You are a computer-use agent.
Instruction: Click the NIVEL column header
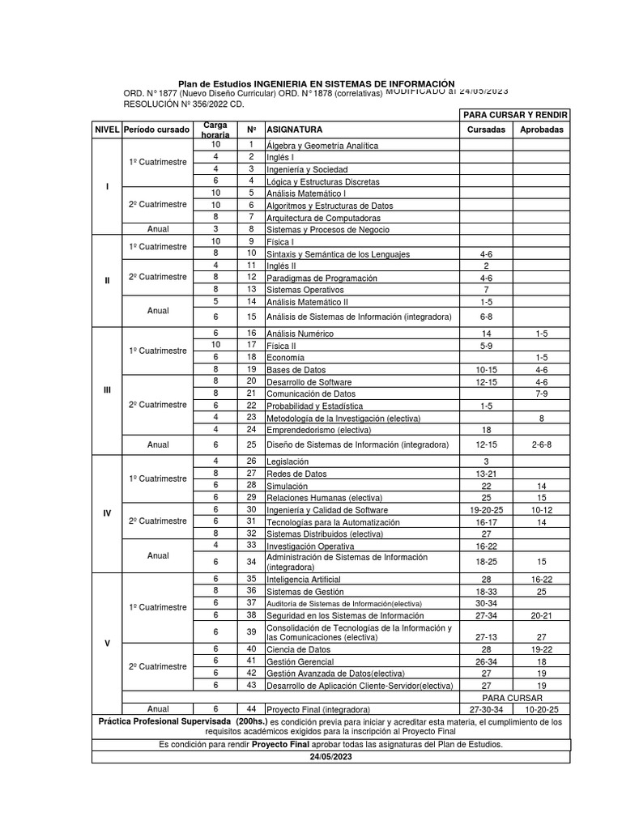coord(107,130)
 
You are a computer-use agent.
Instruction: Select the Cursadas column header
coord(486,130)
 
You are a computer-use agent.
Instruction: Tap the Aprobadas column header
coord(542,130)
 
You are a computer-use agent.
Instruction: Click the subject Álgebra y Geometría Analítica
coord(322,146)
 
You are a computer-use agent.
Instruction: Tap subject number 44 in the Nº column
coord(251,709)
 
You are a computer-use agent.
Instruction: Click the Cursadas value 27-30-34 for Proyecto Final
coord(486,709)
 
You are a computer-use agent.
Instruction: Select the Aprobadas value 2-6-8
coord(542,444)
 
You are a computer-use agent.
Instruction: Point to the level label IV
coord(107,513)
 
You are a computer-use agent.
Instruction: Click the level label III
coord(107,390)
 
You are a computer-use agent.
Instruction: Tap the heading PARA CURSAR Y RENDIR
coord(514,115)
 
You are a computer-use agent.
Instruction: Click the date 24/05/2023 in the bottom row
coord(330,756)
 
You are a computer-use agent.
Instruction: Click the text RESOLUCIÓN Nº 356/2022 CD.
coord(183,104)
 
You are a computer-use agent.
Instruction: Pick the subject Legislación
coord(288,461)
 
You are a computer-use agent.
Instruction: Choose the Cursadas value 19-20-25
coord(486,510)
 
